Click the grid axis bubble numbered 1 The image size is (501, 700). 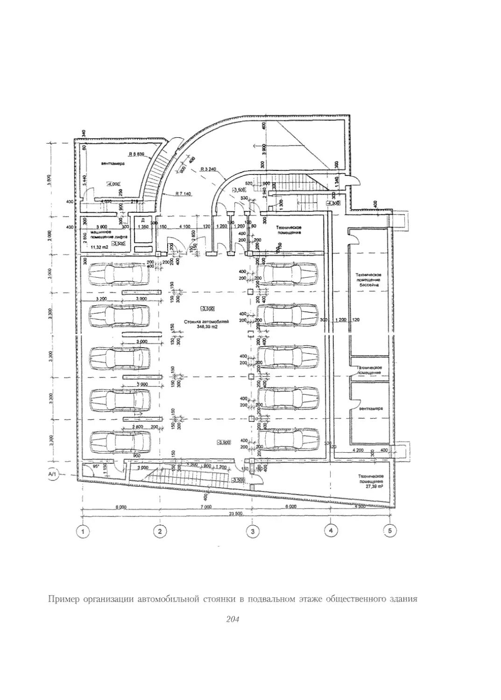[83, 531]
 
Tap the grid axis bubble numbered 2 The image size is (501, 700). [160, 531]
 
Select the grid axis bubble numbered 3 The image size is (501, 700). [252, 531]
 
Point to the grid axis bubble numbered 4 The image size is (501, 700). [331, 531]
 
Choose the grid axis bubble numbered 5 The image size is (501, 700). [389, 531]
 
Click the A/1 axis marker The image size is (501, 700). [52, 475]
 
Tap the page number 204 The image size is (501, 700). [232, 619]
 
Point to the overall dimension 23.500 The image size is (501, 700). [236, 514]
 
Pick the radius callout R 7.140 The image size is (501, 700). [184, 194]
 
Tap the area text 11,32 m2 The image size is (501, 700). [97, 247]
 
